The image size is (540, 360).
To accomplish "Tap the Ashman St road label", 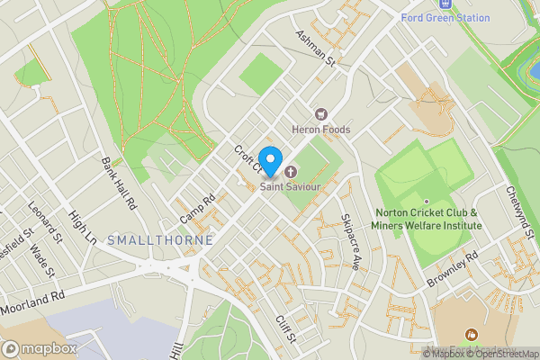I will coord(316,49).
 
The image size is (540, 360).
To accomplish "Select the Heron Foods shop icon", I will coord(319,114).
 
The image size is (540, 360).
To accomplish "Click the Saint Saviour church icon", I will coord(291,172).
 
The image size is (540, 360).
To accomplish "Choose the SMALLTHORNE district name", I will coord(160,240).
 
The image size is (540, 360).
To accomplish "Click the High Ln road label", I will coord(83,228).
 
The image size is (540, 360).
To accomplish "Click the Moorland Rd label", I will coord(33,302).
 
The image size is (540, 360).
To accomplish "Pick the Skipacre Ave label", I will coord(350,242).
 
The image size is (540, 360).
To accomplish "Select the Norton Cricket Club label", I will coord(427,219).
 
